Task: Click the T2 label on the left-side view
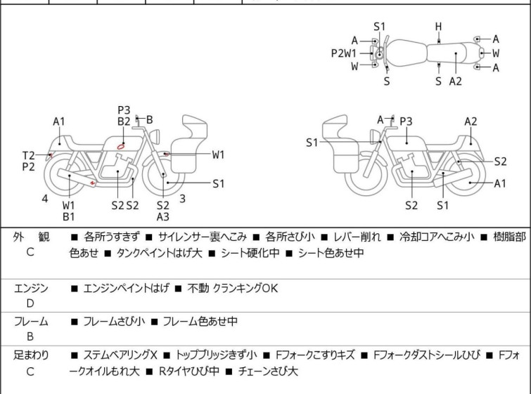coord(28,155)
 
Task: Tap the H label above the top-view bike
coord(438,27)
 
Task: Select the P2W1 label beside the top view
coord(345,53)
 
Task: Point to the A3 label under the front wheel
coord(163,217)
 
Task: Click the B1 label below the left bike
coord(69,217)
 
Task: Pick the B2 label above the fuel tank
coord(124,122)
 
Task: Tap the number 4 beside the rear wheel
coord(45,199)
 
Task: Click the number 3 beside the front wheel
coord(182,198)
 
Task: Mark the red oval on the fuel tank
coord(122,146)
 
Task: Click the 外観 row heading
coord(31,237)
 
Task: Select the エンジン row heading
coord(31,288)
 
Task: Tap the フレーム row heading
coord(31,322)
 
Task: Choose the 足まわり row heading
coord(31,355)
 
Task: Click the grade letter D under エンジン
coord(30,303)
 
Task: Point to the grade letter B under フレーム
coord(30,336)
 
